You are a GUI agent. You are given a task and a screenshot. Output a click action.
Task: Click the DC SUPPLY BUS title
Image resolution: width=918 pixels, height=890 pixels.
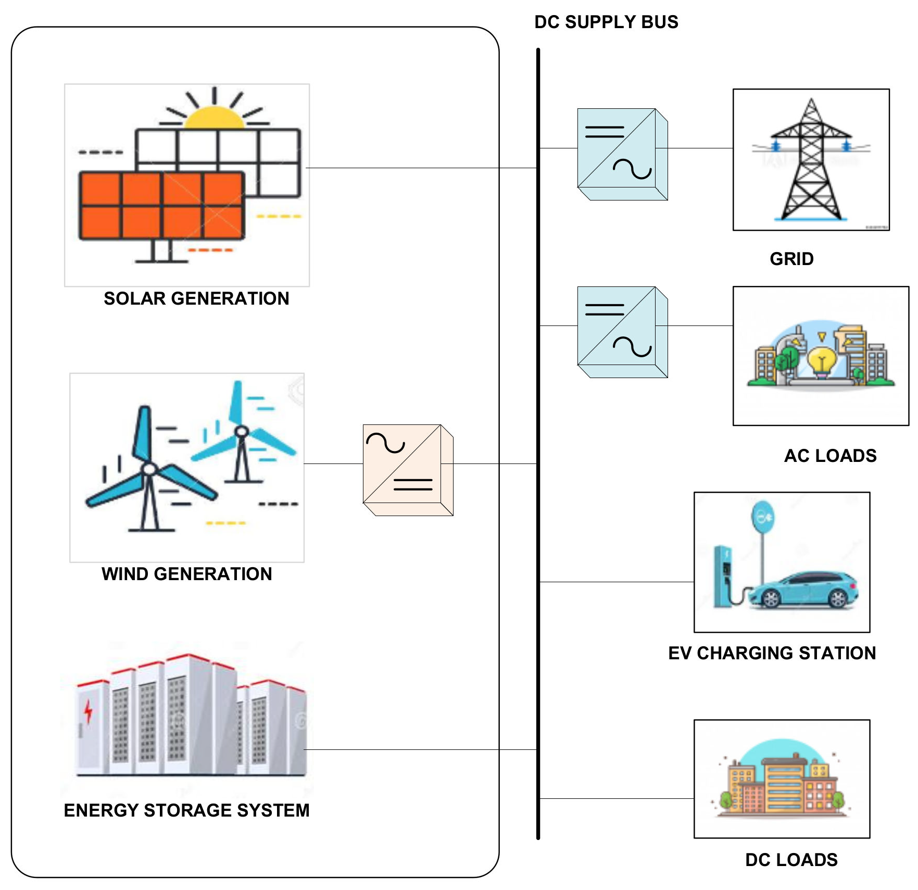click(606, 22)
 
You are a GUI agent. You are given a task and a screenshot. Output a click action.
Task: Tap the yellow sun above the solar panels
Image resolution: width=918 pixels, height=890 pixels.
click(214, 118)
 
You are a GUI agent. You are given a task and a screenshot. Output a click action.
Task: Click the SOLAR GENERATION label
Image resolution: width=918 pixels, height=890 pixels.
click(196, 298)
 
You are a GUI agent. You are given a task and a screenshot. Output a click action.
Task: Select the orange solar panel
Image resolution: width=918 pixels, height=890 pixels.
click(161, 206)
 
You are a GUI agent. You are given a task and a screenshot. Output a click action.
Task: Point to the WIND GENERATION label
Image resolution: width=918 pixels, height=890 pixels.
click(186, 574)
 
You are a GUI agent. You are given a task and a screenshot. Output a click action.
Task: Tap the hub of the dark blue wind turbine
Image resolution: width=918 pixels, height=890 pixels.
click(149, 469)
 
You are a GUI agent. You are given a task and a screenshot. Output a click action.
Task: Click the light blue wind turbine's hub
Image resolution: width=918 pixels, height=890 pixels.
click(242, 431)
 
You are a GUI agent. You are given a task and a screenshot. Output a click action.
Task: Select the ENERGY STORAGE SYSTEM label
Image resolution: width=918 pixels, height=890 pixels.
click(186, 810)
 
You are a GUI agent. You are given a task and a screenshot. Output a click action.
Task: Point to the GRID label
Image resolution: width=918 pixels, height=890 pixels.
click(791, 259)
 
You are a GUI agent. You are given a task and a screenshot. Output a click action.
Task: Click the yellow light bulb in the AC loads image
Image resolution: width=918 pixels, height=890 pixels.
click(822, 359)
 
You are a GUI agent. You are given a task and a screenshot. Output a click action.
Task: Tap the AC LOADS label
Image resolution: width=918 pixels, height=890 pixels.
click(830, 456)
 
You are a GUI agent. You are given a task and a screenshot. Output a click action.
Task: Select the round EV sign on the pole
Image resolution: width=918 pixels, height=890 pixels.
click(763, 517)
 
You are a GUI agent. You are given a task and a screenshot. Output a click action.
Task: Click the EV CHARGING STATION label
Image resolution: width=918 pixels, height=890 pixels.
click(772, 653)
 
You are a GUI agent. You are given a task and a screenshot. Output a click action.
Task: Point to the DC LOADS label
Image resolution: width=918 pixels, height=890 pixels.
click(791, 860)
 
